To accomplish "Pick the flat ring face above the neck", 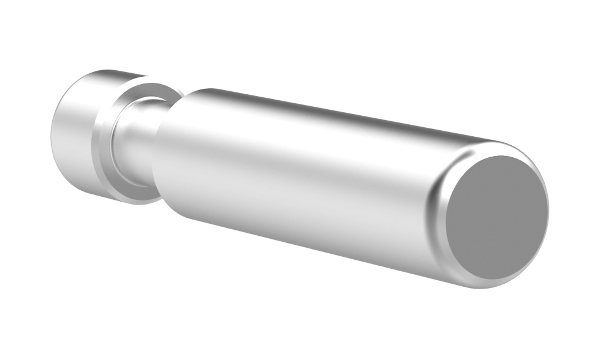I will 144,90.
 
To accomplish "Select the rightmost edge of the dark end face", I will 548,210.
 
